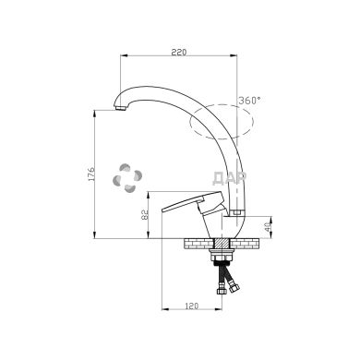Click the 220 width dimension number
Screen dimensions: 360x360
pos(178,53)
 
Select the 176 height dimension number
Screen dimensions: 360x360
pos(89,176)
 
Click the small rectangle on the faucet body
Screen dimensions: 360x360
pos(234,216)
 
